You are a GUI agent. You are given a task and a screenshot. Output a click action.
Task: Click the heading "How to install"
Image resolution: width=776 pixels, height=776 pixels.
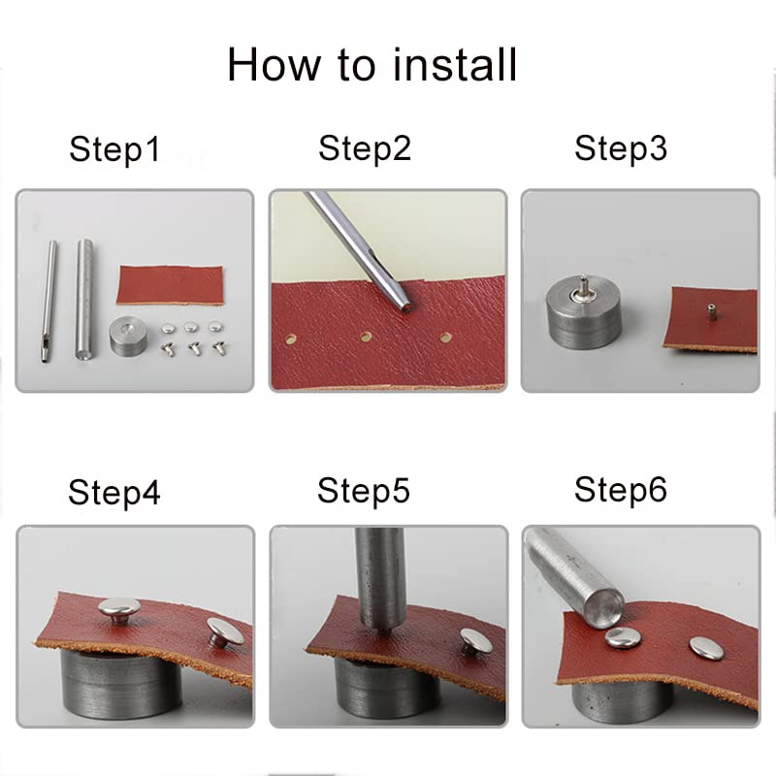372,65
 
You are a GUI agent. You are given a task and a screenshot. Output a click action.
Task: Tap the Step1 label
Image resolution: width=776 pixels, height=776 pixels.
114,149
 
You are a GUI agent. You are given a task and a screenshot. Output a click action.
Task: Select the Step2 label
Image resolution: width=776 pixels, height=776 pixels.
365,148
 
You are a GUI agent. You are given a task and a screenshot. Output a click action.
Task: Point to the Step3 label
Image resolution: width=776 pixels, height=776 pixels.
621,148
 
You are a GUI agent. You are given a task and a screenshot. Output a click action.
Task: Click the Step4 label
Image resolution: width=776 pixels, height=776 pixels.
114,493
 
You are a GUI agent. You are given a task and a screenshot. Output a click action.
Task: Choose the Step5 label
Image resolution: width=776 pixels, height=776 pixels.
364,491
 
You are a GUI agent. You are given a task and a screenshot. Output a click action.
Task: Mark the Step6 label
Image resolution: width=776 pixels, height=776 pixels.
621,490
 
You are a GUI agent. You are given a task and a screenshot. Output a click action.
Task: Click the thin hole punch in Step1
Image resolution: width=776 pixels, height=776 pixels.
48,302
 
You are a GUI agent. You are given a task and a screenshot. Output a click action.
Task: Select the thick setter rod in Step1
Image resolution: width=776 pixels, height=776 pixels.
84,300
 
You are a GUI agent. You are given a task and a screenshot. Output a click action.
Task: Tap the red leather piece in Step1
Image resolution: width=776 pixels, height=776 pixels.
170,285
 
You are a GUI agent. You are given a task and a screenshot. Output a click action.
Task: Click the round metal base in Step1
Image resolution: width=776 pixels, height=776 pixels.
130,337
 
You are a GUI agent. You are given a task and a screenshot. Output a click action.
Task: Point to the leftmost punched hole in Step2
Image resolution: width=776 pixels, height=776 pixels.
290,339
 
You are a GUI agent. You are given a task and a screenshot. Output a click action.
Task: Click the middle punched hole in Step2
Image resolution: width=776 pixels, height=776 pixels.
367,337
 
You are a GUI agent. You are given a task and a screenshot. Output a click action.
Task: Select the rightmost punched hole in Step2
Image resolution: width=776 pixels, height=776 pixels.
445,338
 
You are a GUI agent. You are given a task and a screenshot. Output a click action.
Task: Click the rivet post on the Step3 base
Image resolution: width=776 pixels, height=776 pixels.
584,288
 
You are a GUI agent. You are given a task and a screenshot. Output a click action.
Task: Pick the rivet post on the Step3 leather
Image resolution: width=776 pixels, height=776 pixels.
711,311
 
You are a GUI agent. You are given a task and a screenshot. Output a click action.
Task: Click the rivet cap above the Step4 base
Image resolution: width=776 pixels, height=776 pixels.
118,610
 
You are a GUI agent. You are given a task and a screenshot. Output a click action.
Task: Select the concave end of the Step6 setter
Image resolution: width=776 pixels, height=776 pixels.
604,607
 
